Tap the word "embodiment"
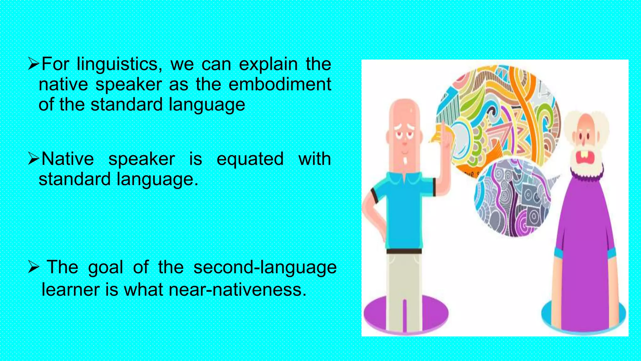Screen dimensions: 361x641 pos(280,84)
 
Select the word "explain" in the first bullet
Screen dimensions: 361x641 pos(268,65)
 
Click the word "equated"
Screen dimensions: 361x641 pos(250,159)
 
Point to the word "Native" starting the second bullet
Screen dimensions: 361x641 pos(68,159)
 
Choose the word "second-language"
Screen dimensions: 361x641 pos(265,268)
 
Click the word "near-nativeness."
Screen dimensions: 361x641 pos(237,290)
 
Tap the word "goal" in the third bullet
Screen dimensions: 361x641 pos(105,268)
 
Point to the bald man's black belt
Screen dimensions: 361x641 pos(404,251)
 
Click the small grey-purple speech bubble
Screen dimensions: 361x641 pos(513,197)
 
